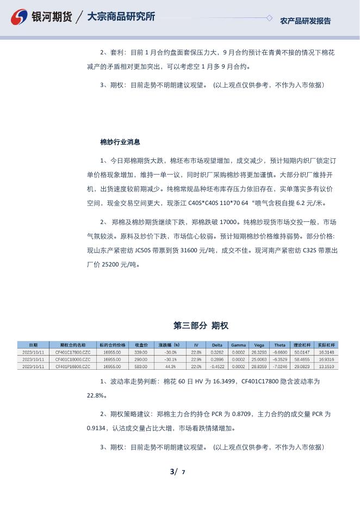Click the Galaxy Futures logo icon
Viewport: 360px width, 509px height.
coord(20,17)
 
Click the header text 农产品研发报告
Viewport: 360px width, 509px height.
coord(305,21)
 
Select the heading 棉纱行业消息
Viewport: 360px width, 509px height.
coord(120,142)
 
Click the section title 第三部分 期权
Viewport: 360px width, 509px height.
coord(201,326)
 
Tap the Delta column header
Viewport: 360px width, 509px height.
coord(217,345)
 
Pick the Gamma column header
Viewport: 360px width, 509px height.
coord(238,345)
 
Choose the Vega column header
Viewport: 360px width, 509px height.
coord(259,345)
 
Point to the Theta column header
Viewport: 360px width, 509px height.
coord(280,345)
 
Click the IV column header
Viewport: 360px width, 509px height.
coord(196,345)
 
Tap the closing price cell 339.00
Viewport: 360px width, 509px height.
coord(141,352)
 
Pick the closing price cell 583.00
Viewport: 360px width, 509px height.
coord(141,367)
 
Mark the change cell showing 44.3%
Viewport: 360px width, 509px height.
coord(171,367)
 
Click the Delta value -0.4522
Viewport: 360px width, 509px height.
coord(217,367)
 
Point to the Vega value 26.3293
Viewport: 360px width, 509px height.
coord(259,352)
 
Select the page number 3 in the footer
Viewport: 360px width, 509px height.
coord(172,471)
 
